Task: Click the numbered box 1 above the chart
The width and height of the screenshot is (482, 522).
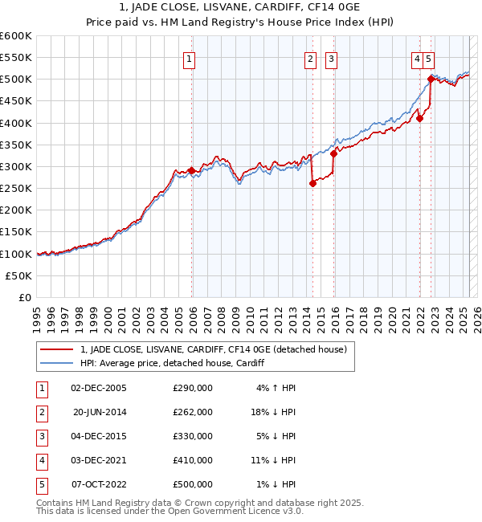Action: tap(189, 58)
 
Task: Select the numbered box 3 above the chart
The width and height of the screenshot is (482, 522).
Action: tap(331, 58)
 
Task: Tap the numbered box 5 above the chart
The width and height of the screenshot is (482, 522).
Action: tap(430, 58)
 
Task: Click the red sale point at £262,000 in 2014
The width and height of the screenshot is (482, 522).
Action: tap(312, 183)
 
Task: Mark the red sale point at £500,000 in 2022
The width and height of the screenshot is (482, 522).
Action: tap(431, 79)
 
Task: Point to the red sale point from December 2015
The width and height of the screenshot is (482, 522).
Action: tap(333, 153)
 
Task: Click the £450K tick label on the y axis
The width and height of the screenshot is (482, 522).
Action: tap(16, 101)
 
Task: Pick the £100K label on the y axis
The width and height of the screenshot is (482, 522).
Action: tap(16, 254)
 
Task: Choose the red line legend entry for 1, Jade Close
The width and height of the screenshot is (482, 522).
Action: tap(213, 349)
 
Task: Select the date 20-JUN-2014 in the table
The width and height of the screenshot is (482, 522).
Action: tap(100, 412)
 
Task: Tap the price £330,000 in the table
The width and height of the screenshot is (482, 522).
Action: tap(193, 436)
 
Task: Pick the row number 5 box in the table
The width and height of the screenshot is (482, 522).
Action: tap(40, 484)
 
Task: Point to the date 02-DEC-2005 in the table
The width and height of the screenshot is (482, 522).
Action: tap(99, 388)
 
